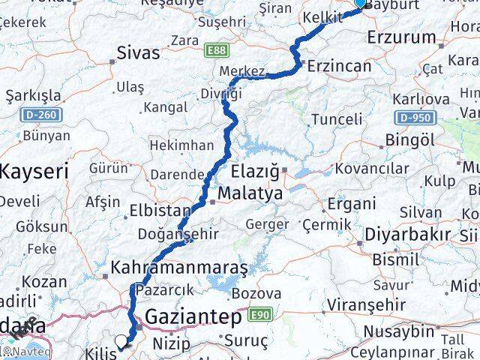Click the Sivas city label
click(139, 53)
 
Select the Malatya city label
click(250, 194)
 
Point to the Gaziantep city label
click(193, 316)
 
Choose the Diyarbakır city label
click(408, 235)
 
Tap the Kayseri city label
click(34, 172)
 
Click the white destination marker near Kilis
click(121, 342)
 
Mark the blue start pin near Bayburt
click(361, 3)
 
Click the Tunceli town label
click(337, 118)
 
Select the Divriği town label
click(221, 94)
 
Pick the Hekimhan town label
click(182, 145)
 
